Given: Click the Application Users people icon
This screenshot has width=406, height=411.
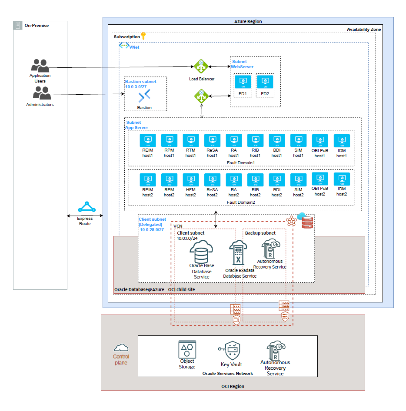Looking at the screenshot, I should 40,66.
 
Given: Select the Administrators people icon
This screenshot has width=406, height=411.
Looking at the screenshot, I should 42,93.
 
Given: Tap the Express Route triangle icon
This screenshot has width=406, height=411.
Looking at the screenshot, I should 87,207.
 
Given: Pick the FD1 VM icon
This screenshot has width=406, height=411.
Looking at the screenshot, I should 242,82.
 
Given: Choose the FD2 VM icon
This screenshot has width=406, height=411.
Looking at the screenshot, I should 265,82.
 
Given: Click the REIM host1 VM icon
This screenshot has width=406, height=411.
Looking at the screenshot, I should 148,140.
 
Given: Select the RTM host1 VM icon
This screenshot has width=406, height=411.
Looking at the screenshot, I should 190,140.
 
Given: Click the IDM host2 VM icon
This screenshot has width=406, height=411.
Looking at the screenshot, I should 341,180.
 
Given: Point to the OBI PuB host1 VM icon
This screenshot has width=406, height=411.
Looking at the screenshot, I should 320,140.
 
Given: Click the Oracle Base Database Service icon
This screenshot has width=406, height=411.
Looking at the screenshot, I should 201,251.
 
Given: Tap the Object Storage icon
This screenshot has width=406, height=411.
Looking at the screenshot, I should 187,349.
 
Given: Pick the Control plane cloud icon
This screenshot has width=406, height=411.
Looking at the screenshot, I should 121,348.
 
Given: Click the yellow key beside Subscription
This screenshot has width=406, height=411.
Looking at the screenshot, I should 143,36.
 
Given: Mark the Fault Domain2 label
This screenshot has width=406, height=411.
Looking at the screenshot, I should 241,202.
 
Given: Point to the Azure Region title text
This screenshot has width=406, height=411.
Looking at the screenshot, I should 248,21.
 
